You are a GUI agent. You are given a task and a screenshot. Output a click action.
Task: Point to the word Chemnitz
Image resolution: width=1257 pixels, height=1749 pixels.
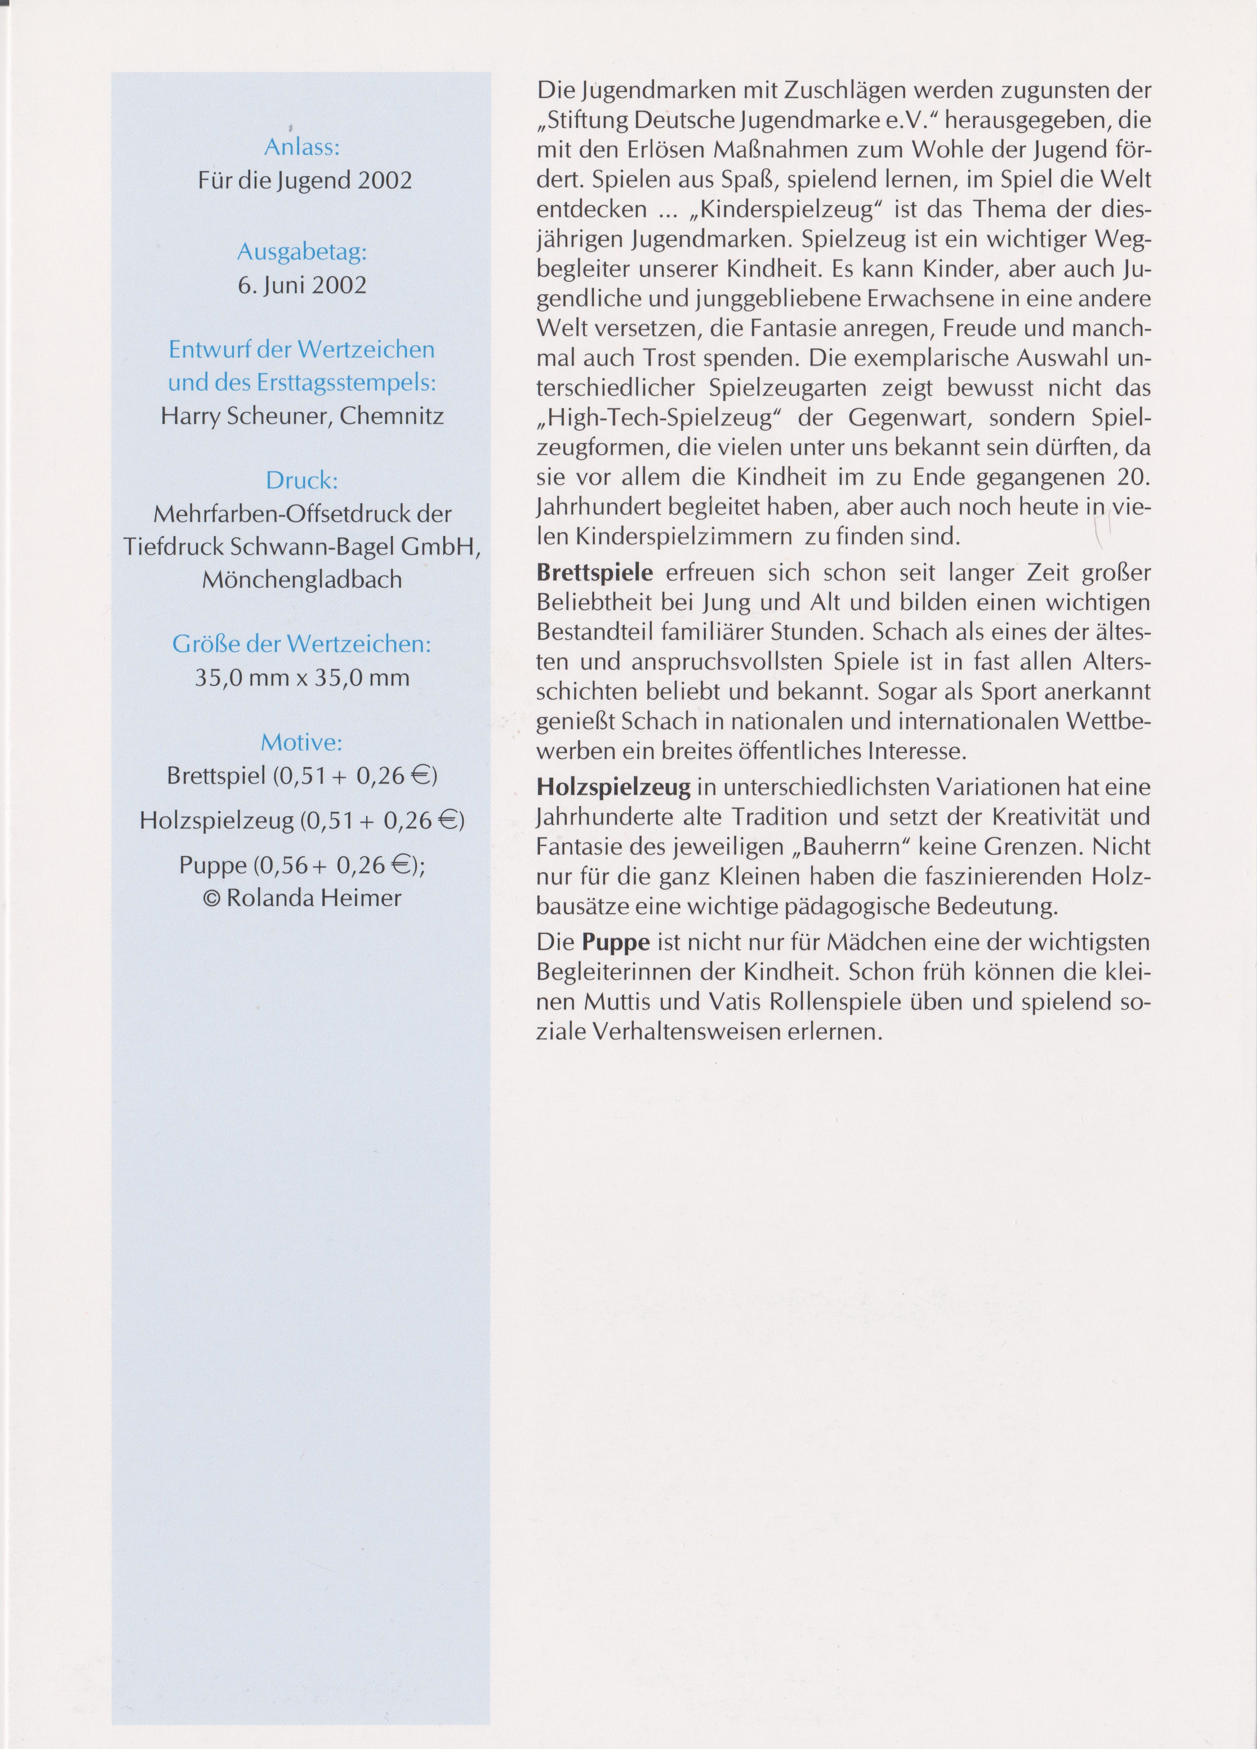click(x=392, y=416)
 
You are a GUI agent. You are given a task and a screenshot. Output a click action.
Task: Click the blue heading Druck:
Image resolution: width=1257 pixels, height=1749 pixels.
click(x=301, y=481)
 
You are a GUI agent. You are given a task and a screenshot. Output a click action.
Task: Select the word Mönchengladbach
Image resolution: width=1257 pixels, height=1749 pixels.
click(x=301, y=579)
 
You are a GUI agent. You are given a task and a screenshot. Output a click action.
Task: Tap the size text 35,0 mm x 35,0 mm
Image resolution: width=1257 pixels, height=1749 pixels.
click(x=301, y=678)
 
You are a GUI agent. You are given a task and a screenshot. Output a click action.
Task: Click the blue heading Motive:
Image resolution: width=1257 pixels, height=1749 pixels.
click(x=301, y=743)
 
